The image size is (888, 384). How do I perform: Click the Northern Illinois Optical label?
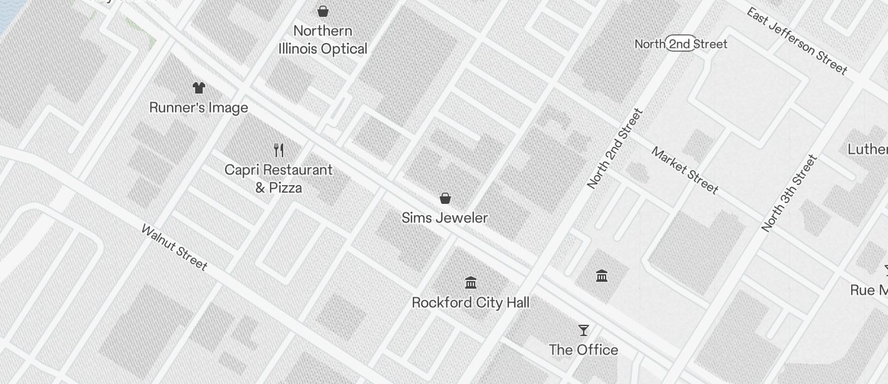pos(322,40)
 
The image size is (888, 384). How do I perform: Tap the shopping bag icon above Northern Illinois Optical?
pos(323,11)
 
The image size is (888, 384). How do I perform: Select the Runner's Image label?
pos(199,108)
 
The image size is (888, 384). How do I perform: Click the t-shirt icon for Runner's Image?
pos(199,88)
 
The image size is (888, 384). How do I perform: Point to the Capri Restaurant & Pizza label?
pos(279,179)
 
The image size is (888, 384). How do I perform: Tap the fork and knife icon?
pos(279,150)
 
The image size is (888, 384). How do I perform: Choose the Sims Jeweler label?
pos(445,218)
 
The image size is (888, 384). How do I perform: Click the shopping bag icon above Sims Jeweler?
pos(445,198)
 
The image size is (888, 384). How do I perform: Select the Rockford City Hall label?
pos(471,303)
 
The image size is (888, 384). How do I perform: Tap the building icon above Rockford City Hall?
pos(471,283)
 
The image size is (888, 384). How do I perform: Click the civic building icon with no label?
pos(602,276)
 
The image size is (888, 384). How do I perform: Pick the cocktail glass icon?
pos(584,330)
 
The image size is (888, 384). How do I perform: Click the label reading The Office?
pos(584,350)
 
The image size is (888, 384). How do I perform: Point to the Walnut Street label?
pos(175,247)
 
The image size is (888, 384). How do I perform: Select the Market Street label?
pos(685,170)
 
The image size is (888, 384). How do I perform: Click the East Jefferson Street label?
pos(797,42)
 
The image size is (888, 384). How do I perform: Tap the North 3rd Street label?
pos(789,194)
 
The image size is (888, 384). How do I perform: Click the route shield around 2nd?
pos(680,44)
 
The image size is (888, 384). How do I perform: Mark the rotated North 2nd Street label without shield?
pos(615,149)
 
